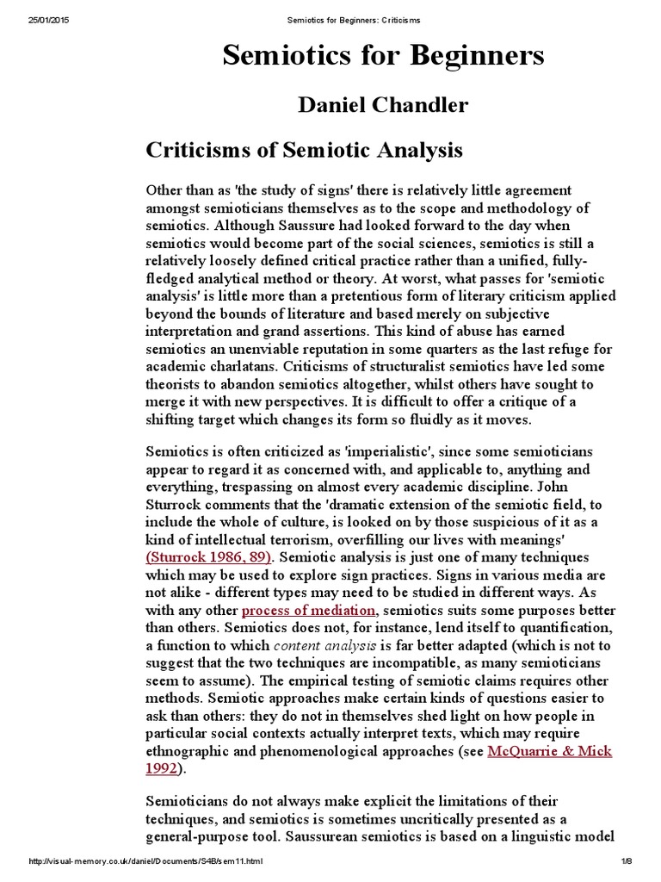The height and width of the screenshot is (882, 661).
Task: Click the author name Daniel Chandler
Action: [x=382, y=105]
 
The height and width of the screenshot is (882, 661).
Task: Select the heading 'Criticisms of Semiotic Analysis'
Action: [x=304, y=150]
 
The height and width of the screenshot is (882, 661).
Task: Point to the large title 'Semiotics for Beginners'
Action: [x=383, y=56]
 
